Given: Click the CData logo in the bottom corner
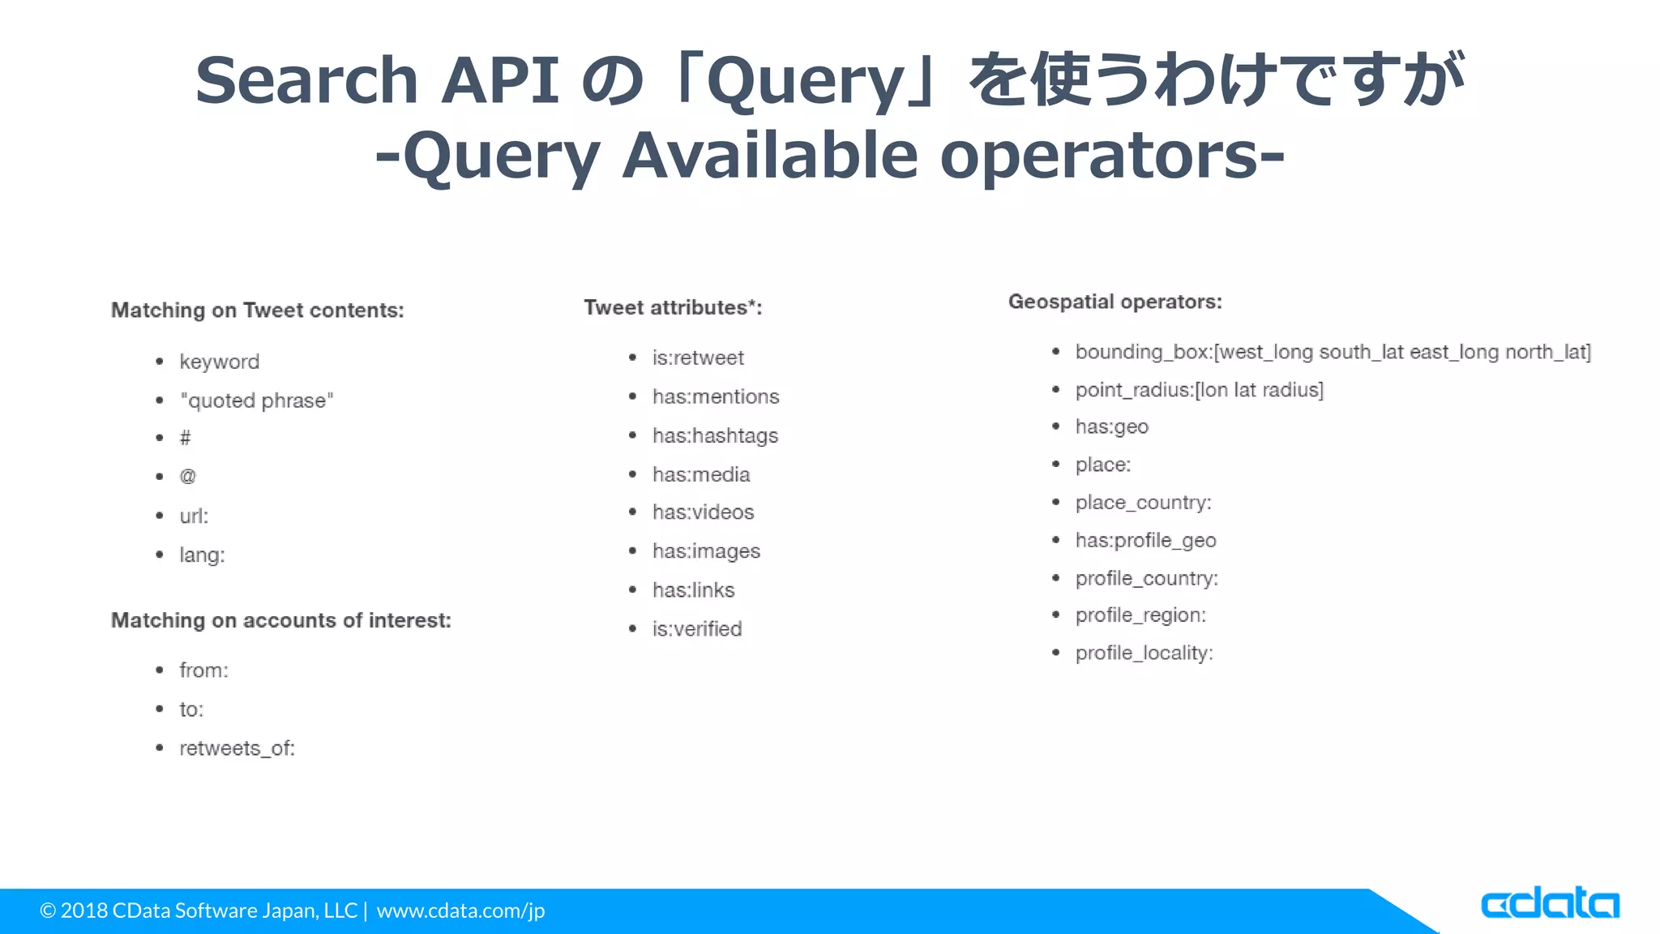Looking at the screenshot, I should (x=1549, y=903).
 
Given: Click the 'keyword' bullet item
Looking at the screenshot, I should (x=219, y=362).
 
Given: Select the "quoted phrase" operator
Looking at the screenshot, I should (x=256, y=401).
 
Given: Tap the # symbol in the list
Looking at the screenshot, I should (x=185, y=439).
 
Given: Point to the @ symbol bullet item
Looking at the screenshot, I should (x=187, y=477).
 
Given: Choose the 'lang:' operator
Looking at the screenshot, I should (x=202, y=555).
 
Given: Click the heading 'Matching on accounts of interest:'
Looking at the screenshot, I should (x=280, y=620).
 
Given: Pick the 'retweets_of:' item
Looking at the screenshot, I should (x=237, y=748).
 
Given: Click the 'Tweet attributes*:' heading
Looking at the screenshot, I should (x=673, y=308).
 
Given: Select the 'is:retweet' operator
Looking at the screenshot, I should (x=698, y=358).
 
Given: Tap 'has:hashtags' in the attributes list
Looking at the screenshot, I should (x=715, y=436).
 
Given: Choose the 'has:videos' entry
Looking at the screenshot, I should (x=703, y=512).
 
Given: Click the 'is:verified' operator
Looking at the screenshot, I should (x=697, y=629).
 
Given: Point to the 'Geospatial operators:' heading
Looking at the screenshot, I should (x=1115, y=302).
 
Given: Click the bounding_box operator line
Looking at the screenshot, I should (x=1333, y=352).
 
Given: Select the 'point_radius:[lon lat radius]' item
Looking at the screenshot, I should (x=1199, y=390).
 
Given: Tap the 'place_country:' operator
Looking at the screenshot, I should (x=1143, y=503).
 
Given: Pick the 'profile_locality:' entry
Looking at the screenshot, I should (x=1144, y=653).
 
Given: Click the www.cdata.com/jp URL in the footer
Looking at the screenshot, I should (x=460, y=910).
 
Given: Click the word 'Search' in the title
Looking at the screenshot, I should (x=306, y=80).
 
